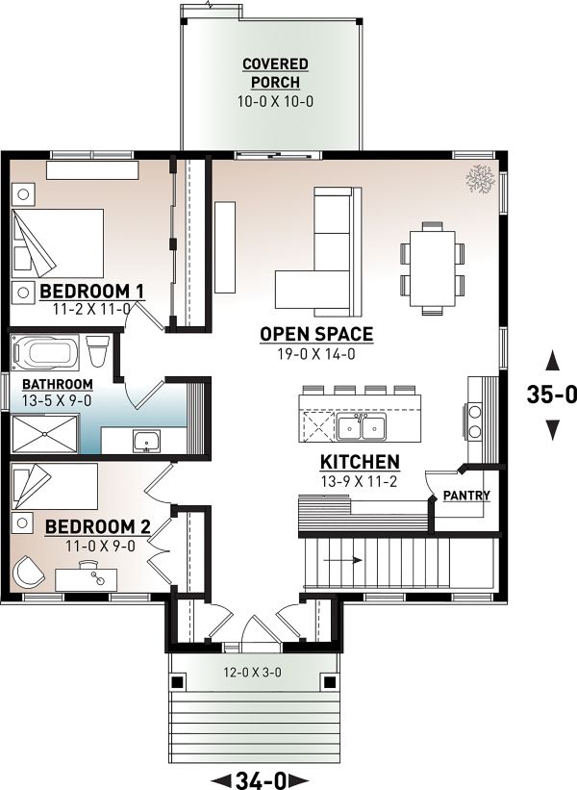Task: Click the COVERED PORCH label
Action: (275, 73)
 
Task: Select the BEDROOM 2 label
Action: (98, 526)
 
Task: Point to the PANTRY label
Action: (466, 496)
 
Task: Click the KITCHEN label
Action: (360, 462)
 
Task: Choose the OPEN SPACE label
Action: (316, 334)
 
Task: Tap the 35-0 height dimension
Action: (551, 394)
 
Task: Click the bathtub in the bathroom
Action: (48, 351)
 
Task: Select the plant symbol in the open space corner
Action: (478, 177)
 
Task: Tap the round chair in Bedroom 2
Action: (29, 573)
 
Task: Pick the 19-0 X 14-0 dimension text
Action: (316, 352)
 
